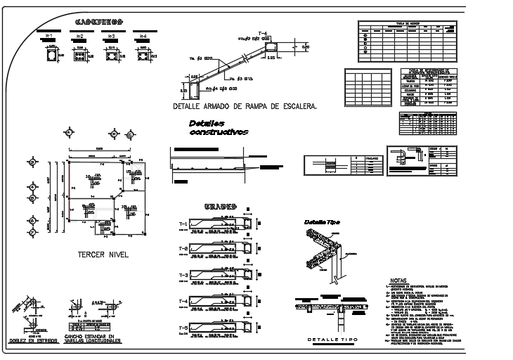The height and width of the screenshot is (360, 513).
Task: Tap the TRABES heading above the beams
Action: [223, 207]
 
